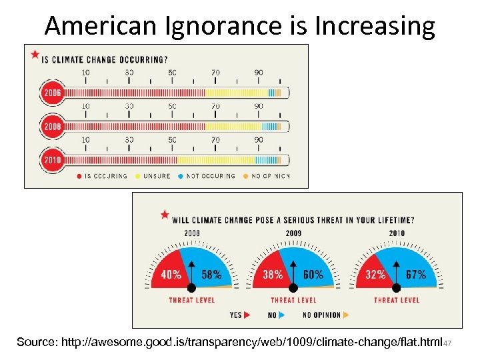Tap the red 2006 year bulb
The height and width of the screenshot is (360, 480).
point(51,93)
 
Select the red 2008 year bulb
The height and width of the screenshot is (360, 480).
point(51,125)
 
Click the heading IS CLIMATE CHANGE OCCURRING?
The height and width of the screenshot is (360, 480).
point(104,59)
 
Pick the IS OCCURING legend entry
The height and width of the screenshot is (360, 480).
point(104,176)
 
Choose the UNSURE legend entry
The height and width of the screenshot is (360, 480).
point(155,176)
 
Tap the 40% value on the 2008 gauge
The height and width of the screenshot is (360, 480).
point(171,274)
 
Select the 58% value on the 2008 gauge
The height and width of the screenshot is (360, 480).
point(211,274)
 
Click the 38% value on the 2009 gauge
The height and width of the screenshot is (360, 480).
point(273,274)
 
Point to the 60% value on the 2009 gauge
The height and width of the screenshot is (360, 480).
point(313,274)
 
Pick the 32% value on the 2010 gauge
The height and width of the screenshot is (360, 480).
point(375,274)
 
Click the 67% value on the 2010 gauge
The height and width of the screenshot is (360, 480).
point(416,274)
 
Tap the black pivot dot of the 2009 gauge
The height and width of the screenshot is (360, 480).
point(293,288)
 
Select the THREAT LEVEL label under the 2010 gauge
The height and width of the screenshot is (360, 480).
point(396,300)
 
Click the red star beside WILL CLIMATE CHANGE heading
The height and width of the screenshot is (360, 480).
point(164,215)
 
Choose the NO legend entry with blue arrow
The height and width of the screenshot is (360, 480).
point(275,315)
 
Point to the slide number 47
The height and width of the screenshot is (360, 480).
point(448,343)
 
